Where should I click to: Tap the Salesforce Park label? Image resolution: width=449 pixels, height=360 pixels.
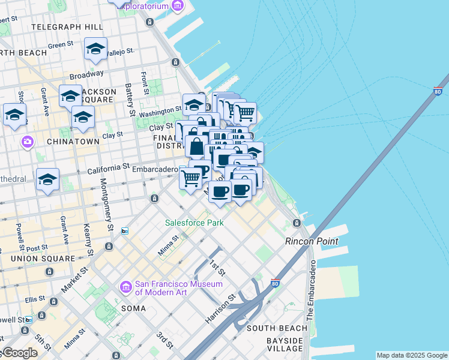pyautogui.click(x=194, y=223)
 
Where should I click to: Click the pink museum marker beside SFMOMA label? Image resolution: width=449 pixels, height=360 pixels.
pyautogui.click(x=125, y=287)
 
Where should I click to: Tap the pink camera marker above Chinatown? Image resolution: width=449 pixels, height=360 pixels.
pyautogui.click(x=27, y=142)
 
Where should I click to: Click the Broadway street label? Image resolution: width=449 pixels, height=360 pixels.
pyautogui.click(x=86, y=76)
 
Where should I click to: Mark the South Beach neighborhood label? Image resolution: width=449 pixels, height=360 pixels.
pyautogui.click(x=277, y=328)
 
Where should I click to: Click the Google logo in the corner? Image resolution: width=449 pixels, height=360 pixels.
pyautogui.click(x=19, y=353)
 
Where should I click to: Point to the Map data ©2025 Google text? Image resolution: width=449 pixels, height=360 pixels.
pyautogui.click(x=412, y=355)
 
